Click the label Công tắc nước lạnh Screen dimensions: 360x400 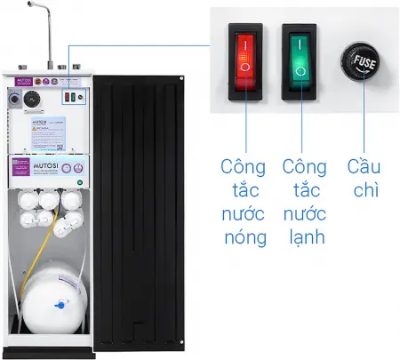pos(305,204)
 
